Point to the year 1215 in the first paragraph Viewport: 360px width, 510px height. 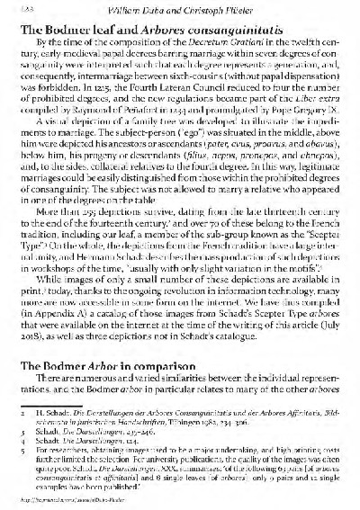tap(91, 90)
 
